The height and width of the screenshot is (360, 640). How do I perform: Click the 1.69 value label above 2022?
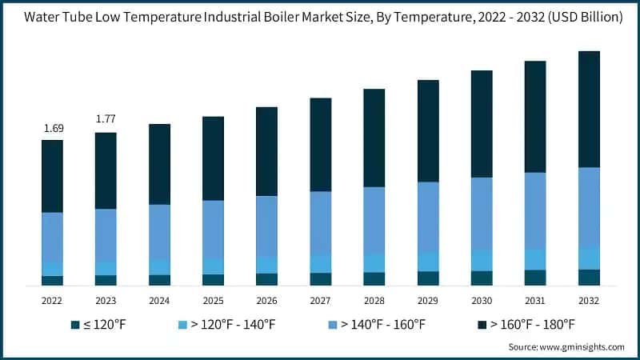[x=53, y=128]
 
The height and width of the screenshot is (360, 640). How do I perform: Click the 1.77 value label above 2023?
[x=106, y=119]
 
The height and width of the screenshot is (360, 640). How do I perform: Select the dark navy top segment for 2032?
[x=589, y=109]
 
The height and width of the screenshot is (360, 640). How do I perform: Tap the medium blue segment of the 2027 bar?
[x=321, y=223]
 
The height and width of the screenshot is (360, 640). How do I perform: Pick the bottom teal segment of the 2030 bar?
[x=482, y=278]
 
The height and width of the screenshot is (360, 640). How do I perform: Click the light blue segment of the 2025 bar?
[x=213, y=266]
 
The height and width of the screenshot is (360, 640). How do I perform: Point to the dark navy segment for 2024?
[x=159, y=164]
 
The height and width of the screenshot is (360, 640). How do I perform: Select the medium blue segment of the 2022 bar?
[x=53, y=237]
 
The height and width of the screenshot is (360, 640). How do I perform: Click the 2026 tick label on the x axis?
[x=266, y=300]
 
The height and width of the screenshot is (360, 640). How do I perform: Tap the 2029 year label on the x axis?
[x=428, y=300]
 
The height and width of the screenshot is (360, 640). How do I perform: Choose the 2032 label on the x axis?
[x=589, y=300]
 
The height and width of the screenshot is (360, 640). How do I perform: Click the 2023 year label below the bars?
[x=106, y=300]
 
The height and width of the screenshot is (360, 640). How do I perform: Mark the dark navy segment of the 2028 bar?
[x=374, y=138]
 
